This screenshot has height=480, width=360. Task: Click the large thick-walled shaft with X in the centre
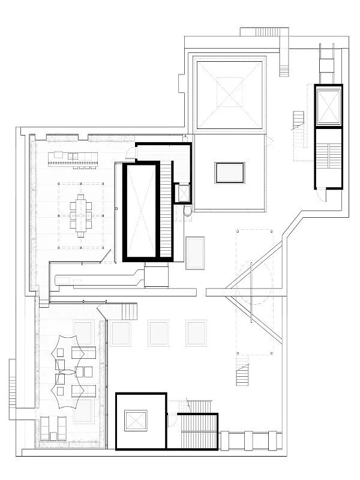pos(141,212)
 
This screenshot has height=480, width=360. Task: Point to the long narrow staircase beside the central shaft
pos(166,210)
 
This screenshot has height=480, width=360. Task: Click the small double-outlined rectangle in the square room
pos(230,173)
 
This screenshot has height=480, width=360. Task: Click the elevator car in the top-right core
pos(328,106)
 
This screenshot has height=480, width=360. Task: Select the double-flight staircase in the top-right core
pos(328,158)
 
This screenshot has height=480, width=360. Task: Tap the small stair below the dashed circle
pos(242,375)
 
